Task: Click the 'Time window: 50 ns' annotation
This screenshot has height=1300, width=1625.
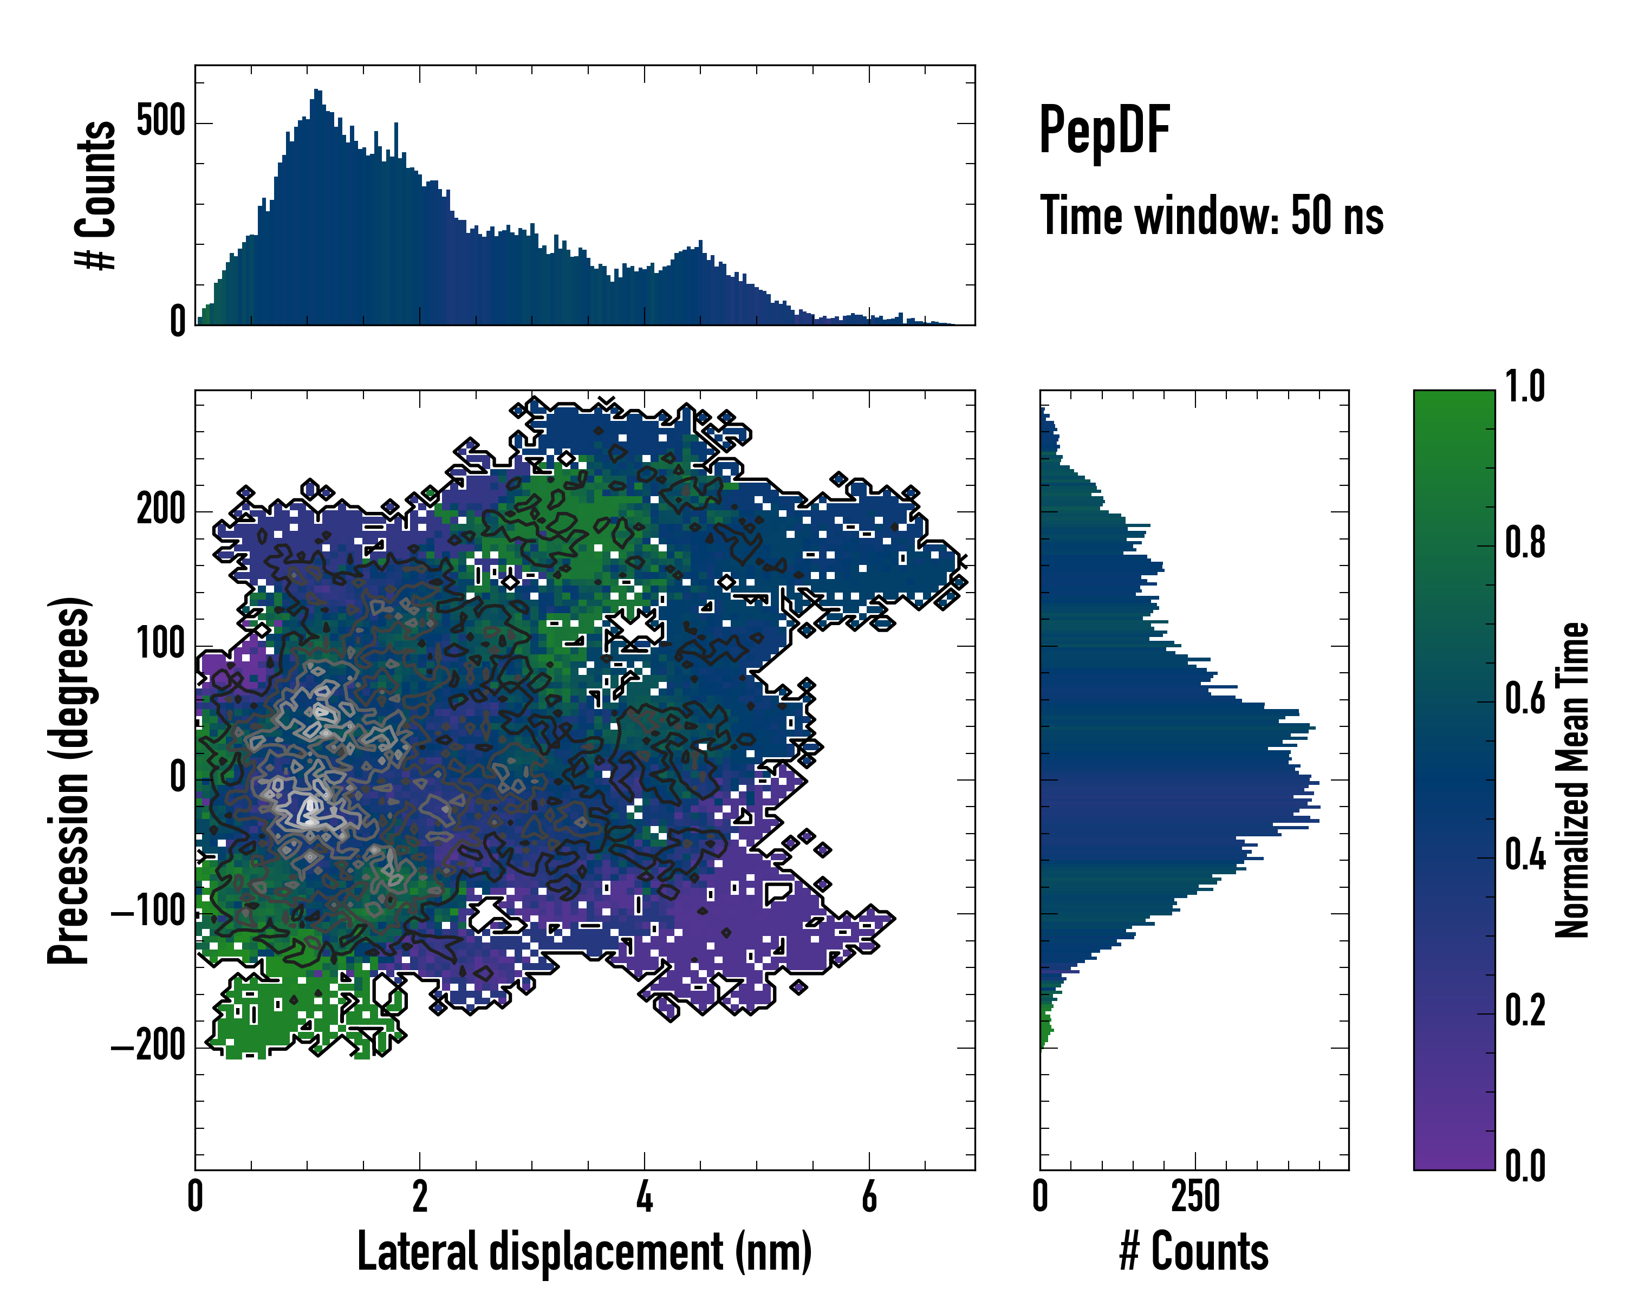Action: (1211, 216)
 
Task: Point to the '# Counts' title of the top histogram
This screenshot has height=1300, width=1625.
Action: (96, 194)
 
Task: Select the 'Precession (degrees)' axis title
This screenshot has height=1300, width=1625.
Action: (69, 779)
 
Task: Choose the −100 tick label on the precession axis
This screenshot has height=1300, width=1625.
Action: (148, 913)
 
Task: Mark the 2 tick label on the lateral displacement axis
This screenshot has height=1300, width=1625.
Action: (420, 1197)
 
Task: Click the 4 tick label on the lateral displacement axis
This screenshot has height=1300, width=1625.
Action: (645, 1197)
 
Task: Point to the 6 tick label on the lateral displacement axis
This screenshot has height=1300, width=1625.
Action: (869, 1197)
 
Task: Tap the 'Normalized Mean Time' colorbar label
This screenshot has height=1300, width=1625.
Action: (1572, 779)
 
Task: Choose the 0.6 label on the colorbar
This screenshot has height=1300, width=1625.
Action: (1525, 699)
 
